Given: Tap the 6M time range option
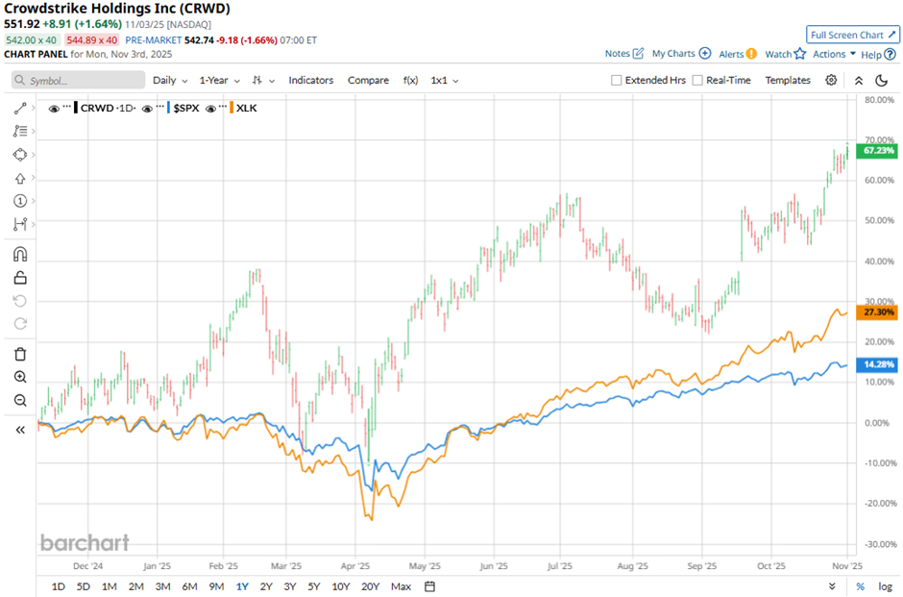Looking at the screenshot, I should tap(189, 586).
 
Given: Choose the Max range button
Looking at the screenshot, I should tap(401, 586).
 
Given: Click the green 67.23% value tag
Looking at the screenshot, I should tap(879, 151).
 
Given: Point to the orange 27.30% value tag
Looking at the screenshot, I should tap(879, 312).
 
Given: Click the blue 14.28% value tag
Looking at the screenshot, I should tap(879, 364).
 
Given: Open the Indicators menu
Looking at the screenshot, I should tap(310, 81).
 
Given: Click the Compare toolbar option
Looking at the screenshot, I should tap(368, 81).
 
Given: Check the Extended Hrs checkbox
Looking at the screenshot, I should tap(617, 81).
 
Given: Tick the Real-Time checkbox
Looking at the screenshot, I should tap(697, 81).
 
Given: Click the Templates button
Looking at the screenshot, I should tap(788, 81).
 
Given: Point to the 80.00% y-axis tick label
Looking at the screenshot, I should tap(879, 99).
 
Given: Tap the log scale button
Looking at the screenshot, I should tap(884, 586).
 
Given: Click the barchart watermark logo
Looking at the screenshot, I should tap(85, 542).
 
